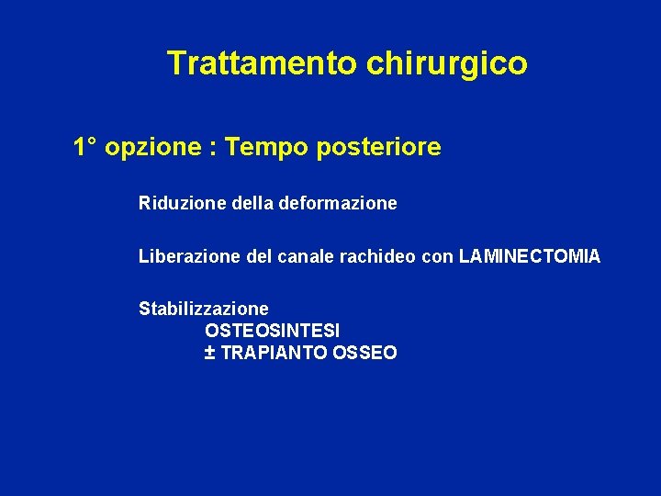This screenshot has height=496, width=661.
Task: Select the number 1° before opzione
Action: tap(86, 147)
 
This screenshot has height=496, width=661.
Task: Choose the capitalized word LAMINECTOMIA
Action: tap(529, 256)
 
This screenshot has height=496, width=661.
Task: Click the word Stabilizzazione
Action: tap(204, 309)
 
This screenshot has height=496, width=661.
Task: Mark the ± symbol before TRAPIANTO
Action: tap(209, 353)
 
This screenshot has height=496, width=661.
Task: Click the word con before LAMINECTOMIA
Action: tap(437, 256)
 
